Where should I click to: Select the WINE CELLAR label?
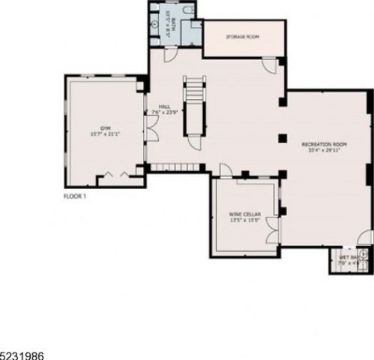coord(244,214)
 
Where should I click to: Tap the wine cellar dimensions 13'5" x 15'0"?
coord(244,220)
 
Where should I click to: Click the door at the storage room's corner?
coord(268,67)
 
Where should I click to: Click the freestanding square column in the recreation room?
coord(282,137)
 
